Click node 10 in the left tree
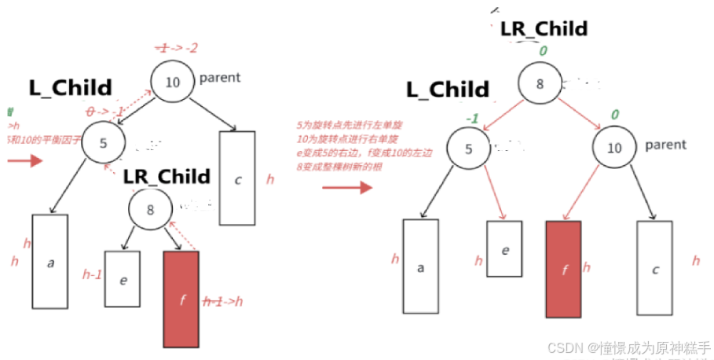[x=172, y=81]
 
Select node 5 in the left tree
[x=104, y=142]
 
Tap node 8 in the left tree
[x=150, y=209]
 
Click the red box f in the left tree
[x=181, y=299]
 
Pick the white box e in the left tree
[x=122, y=279]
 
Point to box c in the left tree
[x=237, y=178]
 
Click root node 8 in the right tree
[x=539, y=85]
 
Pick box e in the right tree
[x=504, y=248]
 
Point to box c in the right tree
[x=654, y=267]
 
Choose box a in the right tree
[x=421, y=266]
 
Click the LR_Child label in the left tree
[x=167, y=176]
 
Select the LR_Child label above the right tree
[x=544, y=29]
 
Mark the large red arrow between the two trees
[x=346, y=187]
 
